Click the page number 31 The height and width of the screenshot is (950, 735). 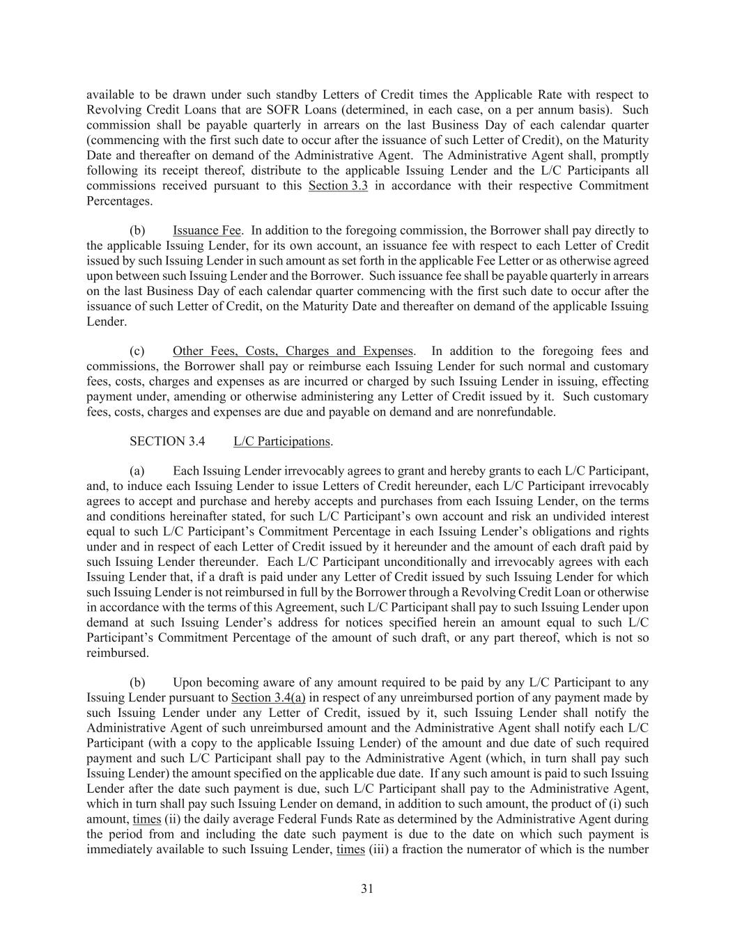click(367, 888)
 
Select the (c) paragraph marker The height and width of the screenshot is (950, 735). click(137, 351)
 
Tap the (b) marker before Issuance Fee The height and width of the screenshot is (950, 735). click(137, 230)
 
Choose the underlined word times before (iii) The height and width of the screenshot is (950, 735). click(350, 850)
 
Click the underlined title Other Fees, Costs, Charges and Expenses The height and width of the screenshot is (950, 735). click(293, 351)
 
